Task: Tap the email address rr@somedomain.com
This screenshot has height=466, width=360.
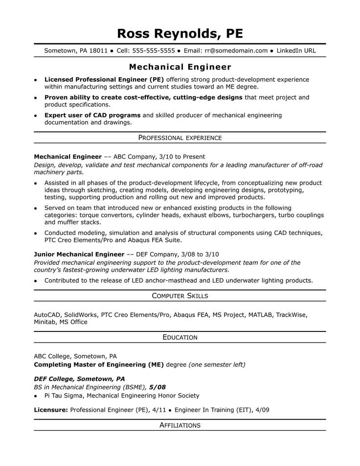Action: pyautogui.click(x=237, y=50)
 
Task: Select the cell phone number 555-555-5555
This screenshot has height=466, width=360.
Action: pyautogui.click(x=154, y=50)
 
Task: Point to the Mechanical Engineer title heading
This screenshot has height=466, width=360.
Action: pyautogui.click(x=180, y=66)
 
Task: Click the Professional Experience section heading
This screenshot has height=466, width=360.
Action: pyautogui.click(x=180, y=138)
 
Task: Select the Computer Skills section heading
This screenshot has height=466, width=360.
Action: pyautogui.click(x=180, y=296)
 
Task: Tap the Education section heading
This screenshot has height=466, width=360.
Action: pyautogui.click(x=180, y=337)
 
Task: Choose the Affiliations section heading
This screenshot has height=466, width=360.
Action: pyautogui.click(x=180, y=425)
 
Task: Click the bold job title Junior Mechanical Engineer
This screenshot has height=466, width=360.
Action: pyautogui.click(x=79, y=255)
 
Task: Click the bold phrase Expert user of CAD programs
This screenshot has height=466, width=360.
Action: pyautogui.click(x=92, y=115)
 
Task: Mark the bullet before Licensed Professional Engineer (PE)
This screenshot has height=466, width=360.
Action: pyautogui.click(x=36, y=79)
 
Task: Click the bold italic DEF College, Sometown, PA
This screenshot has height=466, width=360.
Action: pyautogui.click(x=79, y=379)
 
